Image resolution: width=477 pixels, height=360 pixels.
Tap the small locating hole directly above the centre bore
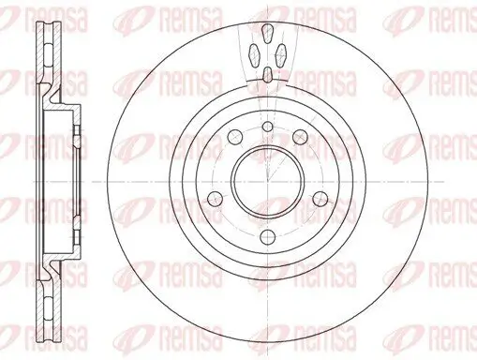point(266,127)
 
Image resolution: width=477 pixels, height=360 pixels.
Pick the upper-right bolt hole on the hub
point(300,138)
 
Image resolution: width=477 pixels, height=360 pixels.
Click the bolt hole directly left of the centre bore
point(213,198)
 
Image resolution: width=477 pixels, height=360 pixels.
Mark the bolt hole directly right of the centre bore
point(320,198)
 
